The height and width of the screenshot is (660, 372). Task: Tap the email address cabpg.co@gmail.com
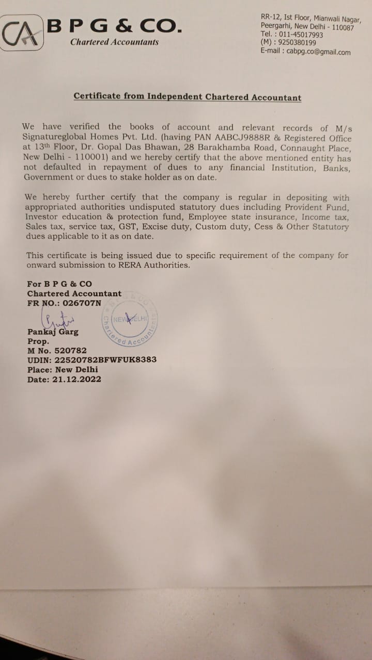[x=320, y=52]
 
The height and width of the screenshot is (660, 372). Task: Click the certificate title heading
[x=187, y=97]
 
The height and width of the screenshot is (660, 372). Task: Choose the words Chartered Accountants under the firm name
[x=114, y=42]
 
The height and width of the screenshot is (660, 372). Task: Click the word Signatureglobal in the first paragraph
[x=53, y=138]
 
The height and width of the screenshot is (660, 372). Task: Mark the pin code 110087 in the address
[x=336, y=27]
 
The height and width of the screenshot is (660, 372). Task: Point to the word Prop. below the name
[x=38, y=341]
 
